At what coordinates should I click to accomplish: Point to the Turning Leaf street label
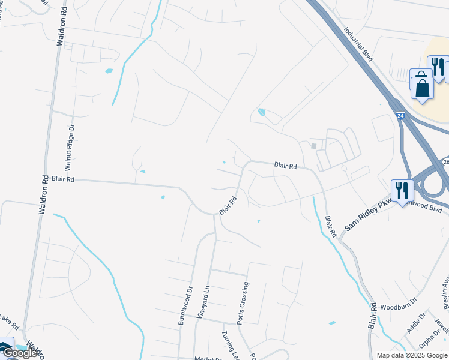coord(228,344)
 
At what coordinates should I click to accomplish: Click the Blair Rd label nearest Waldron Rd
coord(62,179)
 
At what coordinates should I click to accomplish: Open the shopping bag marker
coord(422,86)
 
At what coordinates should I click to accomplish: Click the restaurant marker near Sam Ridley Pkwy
coord(402,190)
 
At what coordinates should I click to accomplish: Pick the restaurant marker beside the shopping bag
coord(438,65)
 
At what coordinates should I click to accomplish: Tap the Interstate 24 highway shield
coord(400,114)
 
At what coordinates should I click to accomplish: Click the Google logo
coord(20,353)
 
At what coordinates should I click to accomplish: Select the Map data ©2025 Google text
coord(412,355)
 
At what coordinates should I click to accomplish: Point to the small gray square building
coord(313,146)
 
